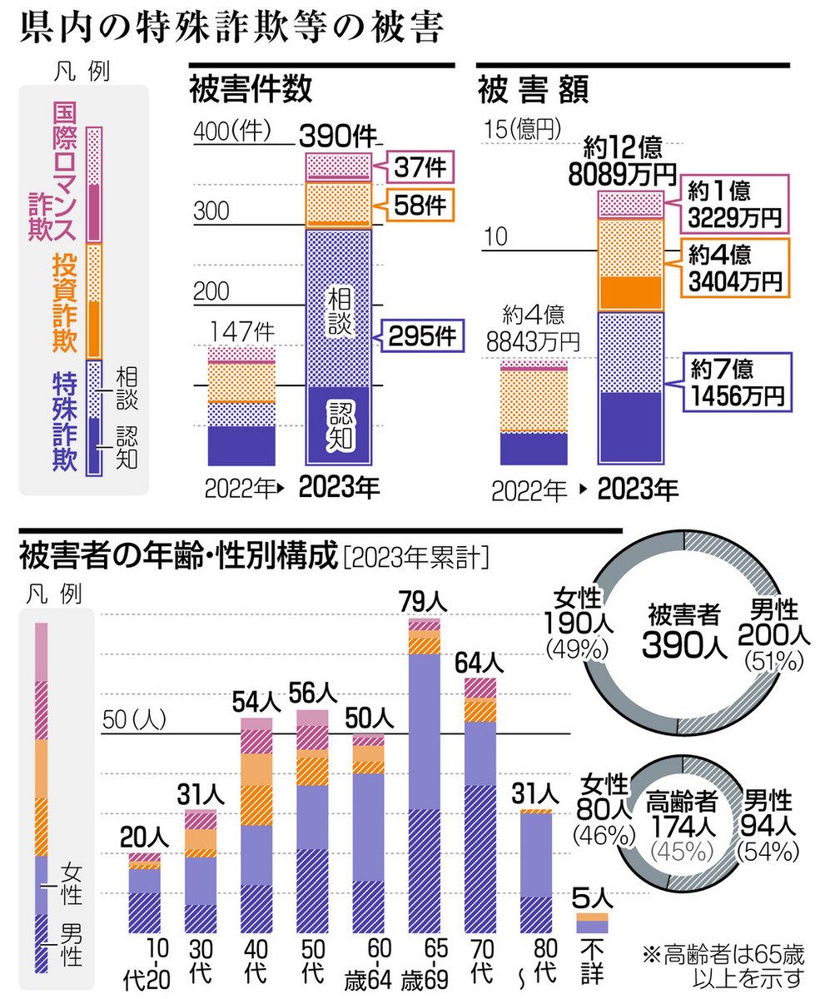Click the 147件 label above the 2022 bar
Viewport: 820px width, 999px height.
click(241, 332)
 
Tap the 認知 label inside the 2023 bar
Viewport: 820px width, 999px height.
click(339, 423)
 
